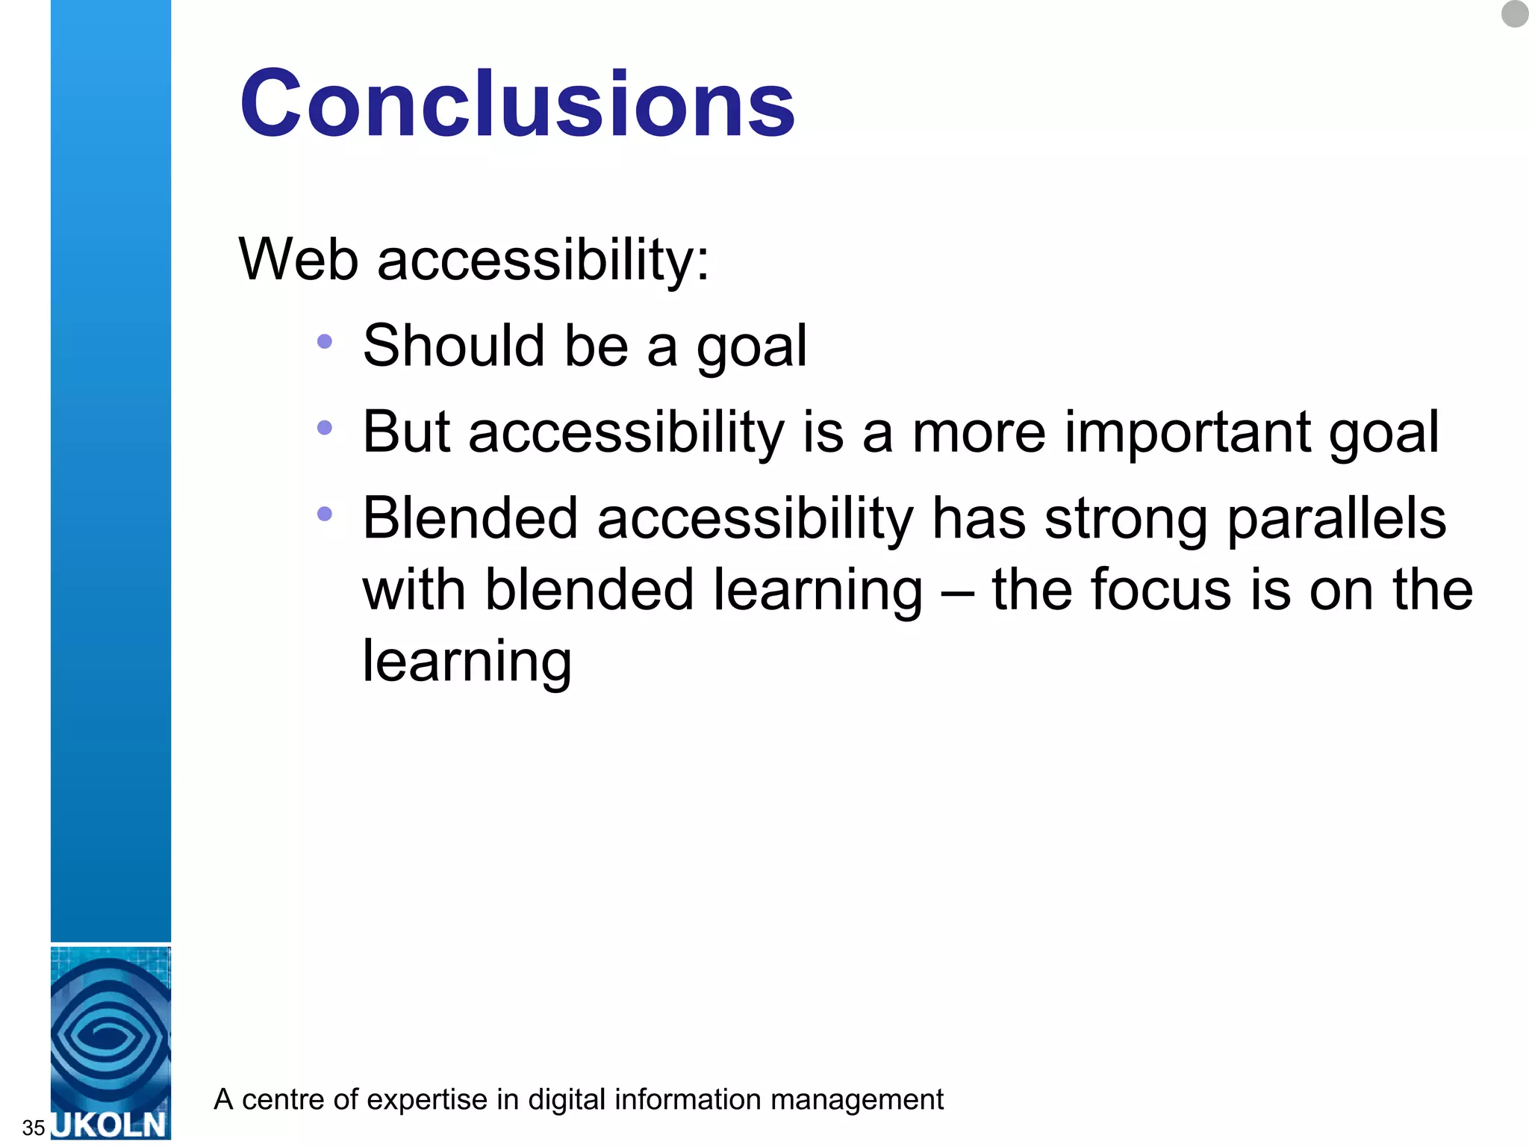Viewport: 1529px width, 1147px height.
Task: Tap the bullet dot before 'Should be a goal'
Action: tap(324, 342)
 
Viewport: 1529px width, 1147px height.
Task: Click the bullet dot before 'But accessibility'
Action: tap(324, 428)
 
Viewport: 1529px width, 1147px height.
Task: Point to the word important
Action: tap(1187, 433)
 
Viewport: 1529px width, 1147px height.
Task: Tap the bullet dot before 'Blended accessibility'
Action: tap(324, 514)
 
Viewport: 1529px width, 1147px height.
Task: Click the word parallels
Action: tap(1336, 519)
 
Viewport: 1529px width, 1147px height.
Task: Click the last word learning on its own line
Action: tap(467, 662)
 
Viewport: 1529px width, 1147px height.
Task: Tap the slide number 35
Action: tap(34, 1128)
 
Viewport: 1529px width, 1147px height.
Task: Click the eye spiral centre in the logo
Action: tap(110, 1036)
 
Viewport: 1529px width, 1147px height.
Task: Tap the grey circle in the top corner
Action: tap(1514, 13)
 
